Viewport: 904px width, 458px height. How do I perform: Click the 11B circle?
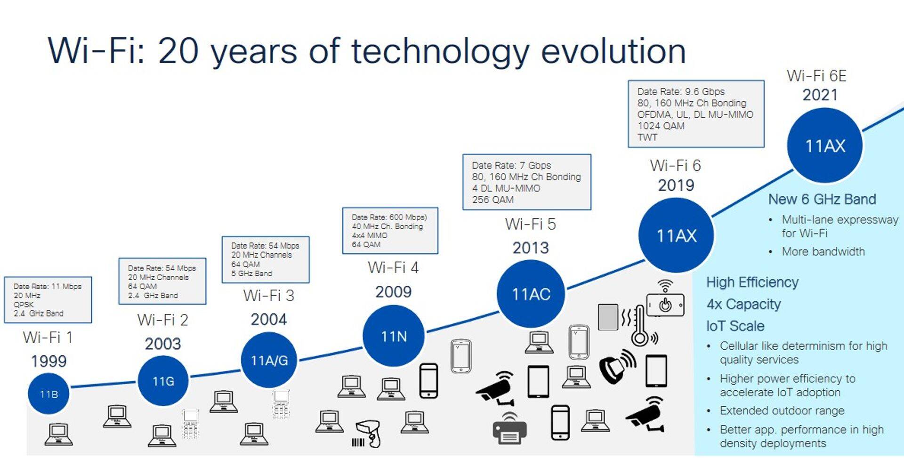point(48,394)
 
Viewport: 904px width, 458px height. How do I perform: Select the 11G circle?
point(163,381)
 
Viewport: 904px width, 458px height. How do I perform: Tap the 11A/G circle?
point(269,360)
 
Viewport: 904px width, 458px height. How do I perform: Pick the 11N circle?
point(394,336)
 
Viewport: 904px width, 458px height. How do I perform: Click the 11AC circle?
point(531,294)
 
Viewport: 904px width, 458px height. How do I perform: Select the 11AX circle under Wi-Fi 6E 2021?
point(825,145)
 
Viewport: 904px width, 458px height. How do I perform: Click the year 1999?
point(48,361)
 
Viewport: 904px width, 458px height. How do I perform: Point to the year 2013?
point(531,248)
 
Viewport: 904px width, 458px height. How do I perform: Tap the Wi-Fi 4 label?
point(393,267)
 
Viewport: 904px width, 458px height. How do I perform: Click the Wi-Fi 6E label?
point(816,76)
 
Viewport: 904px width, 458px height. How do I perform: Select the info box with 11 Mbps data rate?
point(48,300)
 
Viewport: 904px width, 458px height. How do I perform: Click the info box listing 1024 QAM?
point(696,114)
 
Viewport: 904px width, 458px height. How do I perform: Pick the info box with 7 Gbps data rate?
point(527,182)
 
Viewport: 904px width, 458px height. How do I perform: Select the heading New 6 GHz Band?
point(822,199)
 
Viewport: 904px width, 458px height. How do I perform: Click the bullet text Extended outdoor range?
point(782,410)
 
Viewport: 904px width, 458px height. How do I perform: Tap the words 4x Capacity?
point(743,304)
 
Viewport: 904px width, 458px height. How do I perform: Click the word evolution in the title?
point(613,51)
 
